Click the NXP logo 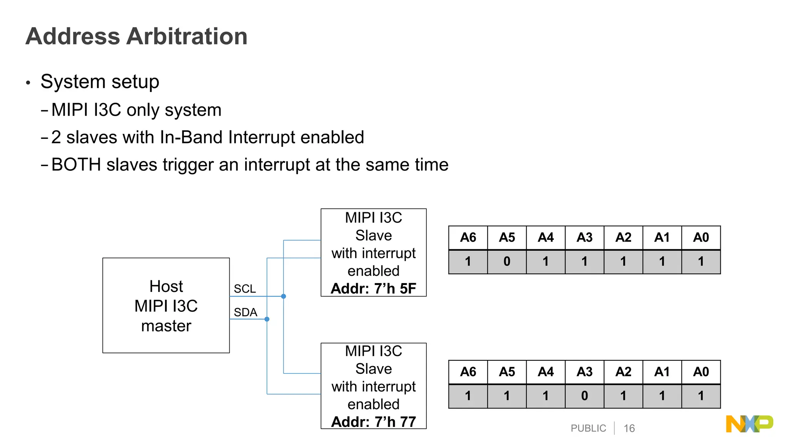tap(749, 424)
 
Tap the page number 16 tap(629, 428)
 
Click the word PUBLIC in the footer tap(588, 428)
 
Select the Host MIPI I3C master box tap(166, 305)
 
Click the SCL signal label tap(245, 289)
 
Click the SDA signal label tap(245, 312)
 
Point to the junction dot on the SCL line tap(284, 296)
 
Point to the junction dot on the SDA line tap(267, 319)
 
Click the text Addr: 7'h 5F tap(373, 288)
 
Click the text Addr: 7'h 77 tap(373, 422)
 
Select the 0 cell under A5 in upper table tap(507, 262)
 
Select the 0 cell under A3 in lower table tap(584, 396)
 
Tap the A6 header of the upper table tap(468, 238)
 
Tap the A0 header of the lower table tap(701, 372)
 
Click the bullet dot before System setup tap(28, 83)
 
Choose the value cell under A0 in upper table tap(701, 262)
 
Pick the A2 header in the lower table tap(623, 372)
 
